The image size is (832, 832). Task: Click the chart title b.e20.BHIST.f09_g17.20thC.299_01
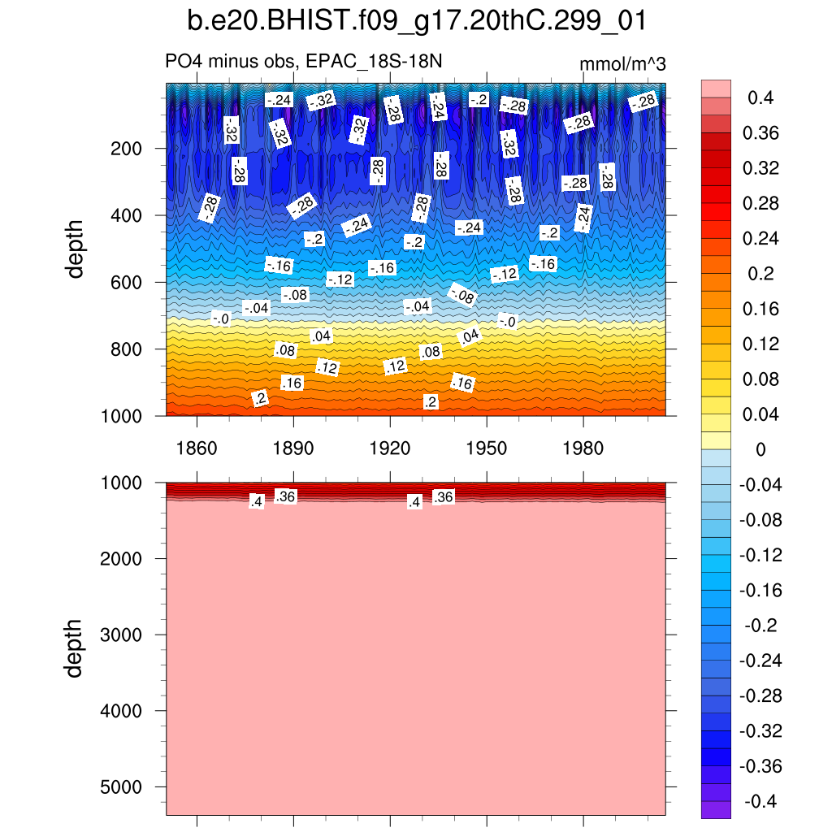(x=416, y=22)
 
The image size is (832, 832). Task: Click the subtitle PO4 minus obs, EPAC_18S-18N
(x=304, y=63)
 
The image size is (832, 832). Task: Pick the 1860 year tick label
(x=197, y=448)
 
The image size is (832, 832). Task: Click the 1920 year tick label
(x=390, y=448)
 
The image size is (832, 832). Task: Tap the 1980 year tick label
(x=583, y=448)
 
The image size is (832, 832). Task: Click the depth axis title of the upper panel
(x=76, y=249)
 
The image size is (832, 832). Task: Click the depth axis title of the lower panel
(x=76, y=648)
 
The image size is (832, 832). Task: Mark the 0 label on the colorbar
(x=760, y=450)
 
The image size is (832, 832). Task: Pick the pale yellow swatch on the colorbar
(x=715, y=441)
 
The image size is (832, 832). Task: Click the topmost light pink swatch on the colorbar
(x=715, y=89)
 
